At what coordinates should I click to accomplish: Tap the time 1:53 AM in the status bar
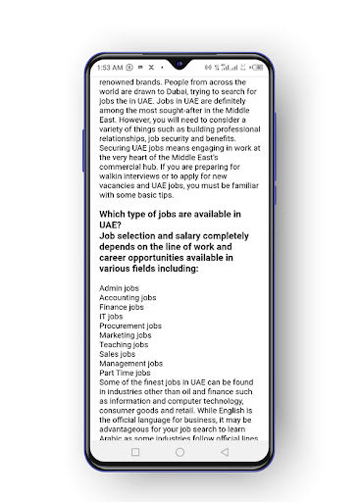[x=110, y=68]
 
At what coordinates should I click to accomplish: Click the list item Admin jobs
[x=119, y=287]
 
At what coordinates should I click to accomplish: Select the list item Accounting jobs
[x=128, y=297]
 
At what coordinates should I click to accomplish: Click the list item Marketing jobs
[x=126, y=335]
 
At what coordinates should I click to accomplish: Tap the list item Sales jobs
[x=118, y=354]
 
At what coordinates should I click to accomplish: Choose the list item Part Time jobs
[x=125, y=373]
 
